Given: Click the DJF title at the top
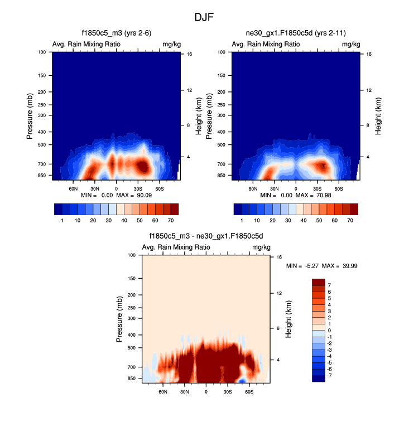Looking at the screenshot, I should click(204, 17).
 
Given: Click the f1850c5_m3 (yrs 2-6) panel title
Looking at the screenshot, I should click(116, 33).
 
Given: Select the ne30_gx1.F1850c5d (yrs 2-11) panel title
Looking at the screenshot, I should click(296, 33).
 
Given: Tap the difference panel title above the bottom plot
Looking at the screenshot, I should click(206, 236).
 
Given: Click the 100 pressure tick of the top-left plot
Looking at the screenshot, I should click(41, 52).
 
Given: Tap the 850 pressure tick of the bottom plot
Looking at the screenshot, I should click(131, 378).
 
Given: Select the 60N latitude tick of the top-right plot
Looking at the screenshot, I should click(253, 188).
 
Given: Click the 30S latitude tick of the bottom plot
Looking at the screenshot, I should click(228, 391).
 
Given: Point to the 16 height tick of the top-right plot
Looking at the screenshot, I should click(369, 54).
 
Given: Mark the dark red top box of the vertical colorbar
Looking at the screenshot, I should click(317, 282).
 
